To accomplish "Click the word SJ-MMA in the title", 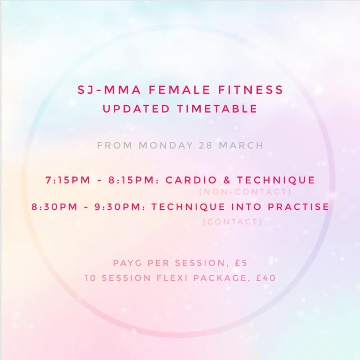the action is (109, 90).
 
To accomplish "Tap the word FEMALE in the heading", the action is (180, 90).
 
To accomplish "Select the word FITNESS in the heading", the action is (251, 90).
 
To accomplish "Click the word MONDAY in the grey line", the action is (166, 145).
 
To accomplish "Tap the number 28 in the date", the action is (206, 145).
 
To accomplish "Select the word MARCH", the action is (241, 145).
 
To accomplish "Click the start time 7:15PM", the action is (68, 180).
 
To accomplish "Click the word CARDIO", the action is (191, 180).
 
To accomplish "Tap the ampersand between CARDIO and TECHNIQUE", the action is (227, 180).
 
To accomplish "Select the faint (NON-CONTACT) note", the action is (245, 192).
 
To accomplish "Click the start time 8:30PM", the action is (55, 207).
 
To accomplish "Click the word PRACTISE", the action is (299, 207).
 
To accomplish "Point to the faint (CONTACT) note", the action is (233, 222).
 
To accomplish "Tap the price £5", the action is (241, 263).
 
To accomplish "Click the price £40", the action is (266, 278).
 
